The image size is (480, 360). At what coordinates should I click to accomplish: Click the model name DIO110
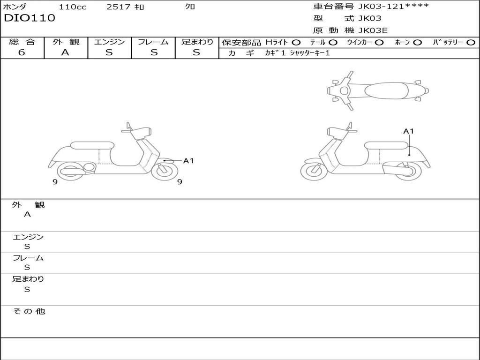tap(30, 18)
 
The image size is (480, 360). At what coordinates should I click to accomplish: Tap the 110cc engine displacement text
tap(73, 7)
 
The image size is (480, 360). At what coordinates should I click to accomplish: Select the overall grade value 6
tap(22, 52)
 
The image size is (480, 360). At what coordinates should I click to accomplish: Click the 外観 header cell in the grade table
tap(66, 42)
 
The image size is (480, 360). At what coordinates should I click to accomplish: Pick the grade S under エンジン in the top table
tap(109, 52)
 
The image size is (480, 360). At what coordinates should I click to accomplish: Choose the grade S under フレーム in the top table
tap(154, 52)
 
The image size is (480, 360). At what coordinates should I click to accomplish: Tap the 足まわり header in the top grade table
tap(197, 42)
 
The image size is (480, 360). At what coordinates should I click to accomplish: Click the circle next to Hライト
tap(296, 43)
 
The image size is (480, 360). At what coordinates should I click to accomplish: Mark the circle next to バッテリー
tap(471, 43)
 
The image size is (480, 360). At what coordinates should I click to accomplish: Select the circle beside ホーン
tap(417, 43)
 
